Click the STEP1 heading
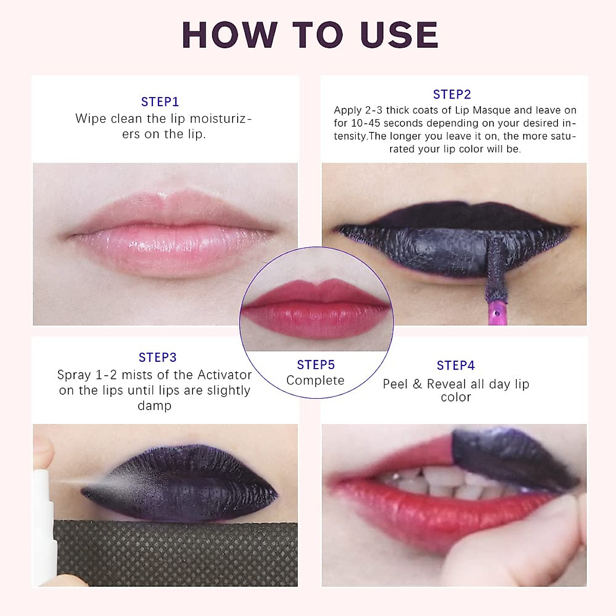click(x=160, y=102)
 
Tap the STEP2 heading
click(x=452, y=94)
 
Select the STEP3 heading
click(x=157, y=357)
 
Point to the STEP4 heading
click(x=455, y=365)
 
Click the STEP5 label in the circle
click(x=316, y=365)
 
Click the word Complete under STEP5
click(x=315, y=380)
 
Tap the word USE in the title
click(x=399, y=35)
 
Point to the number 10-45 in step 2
click(x=365, y=123)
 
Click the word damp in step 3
click(x=154, y=406)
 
